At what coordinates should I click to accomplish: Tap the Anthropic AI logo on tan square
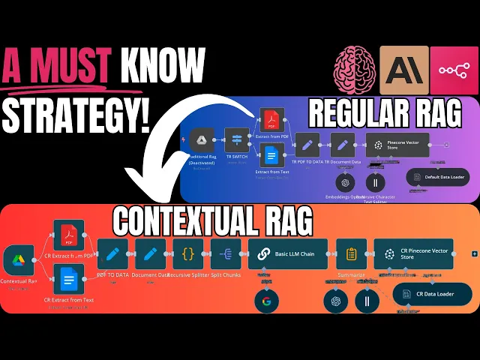tap(403, 70)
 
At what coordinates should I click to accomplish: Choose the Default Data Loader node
tap(438, 177)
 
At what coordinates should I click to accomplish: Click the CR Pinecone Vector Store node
tap(413, 254)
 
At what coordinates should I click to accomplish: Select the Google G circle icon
tap(265, 301)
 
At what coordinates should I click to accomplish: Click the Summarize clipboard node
tap(351, 253)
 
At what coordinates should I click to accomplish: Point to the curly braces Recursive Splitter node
tap(187, 253)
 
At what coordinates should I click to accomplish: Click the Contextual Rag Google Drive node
tap(18, 262)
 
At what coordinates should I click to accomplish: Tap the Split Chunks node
tap(226, 253)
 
